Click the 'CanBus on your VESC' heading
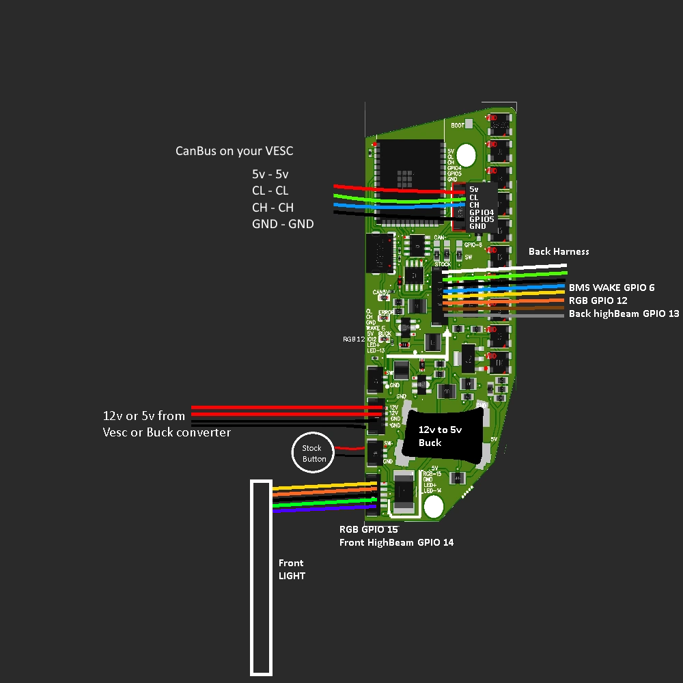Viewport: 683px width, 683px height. click(234, 151)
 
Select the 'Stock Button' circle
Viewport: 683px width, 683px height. click(314, 453)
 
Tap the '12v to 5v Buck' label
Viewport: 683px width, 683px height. click(430, 436)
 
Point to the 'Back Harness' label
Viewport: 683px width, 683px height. click(559, 251)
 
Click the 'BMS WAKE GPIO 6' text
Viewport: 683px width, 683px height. click(611, 288)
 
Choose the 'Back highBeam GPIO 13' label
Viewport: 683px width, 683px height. click(624, 313)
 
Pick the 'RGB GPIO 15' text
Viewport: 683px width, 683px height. click(369, 529)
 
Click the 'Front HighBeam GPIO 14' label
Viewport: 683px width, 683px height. click(396, 542)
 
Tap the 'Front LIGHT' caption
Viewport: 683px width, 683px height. click(292, 569)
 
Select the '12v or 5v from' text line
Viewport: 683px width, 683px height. click(144, 415)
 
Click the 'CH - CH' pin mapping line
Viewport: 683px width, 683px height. click(273, 207)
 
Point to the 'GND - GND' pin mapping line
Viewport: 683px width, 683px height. click(283, 223)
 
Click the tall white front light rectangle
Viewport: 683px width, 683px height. click(262, 577)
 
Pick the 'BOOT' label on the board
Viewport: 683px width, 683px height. click(458, 126)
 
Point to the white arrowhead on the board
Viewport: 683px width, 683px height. click(447, 333)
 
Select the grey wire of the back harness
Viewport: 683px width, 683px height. click(505, 315)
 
